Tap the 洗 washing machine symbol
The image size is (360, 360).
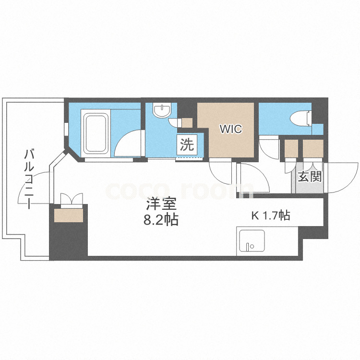coord(187,144)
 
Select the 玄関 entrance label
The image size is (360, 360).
coord(310,177)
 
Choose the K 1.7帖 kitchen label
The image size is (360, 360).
coord(271,216)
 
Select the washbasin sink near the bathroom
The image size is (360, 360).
coord(160,111)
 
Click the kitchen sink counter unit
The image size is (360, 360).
coord(251,241)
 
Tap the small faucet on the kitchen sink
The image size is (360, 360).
coord(250,247)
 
